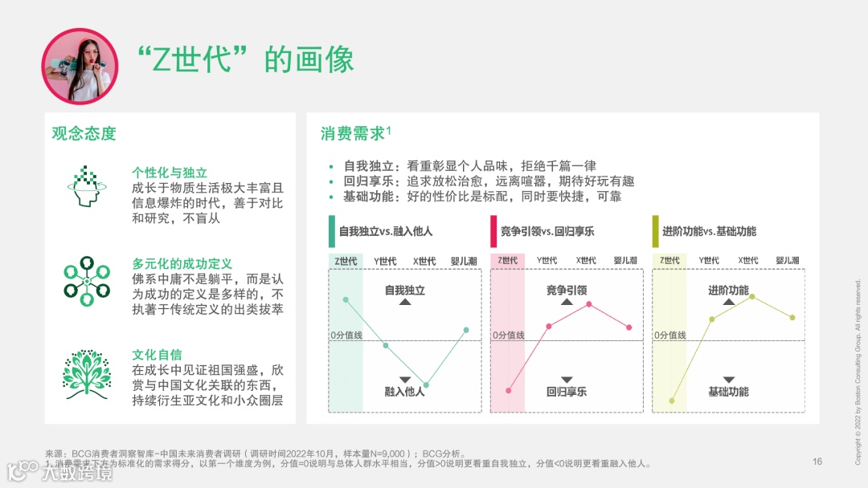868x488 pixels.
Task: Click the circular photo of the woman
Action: pyautogui.click(x=80, y=66)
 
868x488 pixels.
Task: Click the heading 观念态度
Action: pyautogui.click(x=84, y=133)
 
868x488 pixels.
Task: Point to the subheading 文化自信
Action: pyautogui.click(x=157, y=355)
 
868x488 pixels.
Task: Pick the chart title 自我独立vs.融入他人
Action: pyautogui.click(x=386, y=231)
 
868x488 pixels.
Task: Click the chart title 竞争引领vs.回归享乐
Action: pyautogui.click(x=547, y=231)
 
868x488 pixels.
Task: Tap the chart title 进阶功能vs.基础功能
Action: pyautogui.click(x=709, y=231)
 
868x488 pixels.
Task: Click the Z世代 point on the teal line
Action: pyautogui.click(x=346, y=299)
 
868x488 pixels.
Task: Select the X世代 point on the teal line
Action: pyautogui.click(x=426, y=385)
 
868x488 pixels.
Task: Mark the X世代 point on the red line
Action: pyautogui.click(x=589, y=304)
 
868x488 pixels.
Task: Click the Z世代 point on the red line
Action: pyautogui.click(x=509, y=391)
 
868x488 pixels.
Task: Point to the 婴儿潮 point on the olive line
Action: pyautogui.click(x=792, y=318)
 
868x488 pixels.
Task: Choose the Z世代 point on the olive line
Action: pyautogui.click(x=671, y=401)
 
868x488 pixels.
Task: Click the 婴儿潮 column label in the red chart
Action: pyautogui.click(x=625, y=260)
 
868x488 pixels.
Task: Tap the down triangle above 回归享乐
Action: pyautogui.click(x=567, y=379)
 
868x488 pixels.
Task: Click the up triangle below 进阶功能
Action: pyautogui.click(x=729, y=303)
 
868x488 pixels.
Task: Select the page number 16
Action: pyautogui.click(x=817, y=462)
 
